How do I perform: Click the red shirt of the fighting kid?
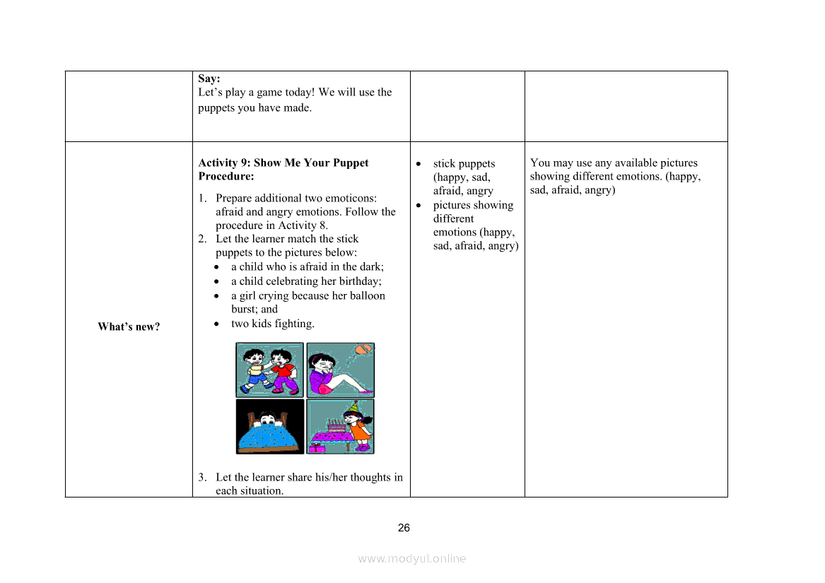(283, 369)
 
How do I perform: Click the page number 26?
(404, 528)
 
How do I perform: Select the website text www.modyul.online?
(412, 558)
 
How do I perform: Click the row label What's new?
(129, 326)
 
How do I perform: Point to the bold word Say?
(209, 78)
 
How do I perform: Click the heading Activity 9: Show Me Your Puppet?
(283, 163)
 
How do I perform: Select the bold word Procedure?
(226, 176)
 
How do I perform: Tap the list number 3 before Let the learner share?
(201, 478)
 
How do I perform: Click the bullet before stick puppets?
(419, 164)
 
